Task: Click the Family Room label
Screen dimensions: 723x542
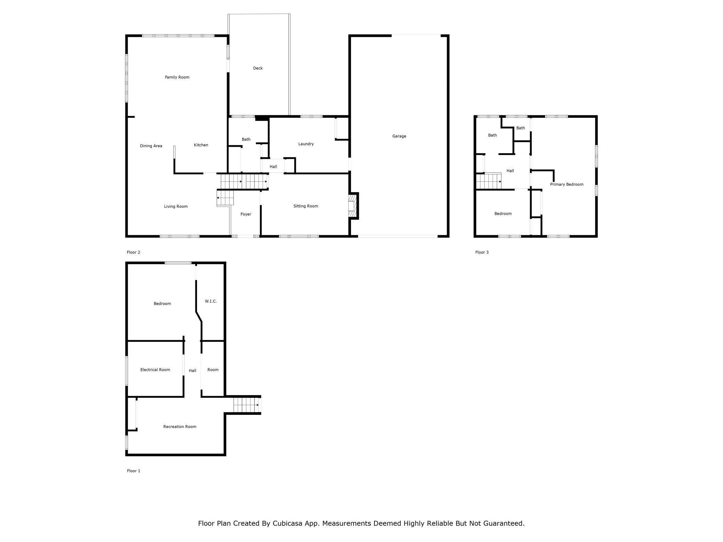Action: tap(177, 77)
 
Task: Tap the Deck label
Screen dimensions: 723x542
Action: tap(258, 68)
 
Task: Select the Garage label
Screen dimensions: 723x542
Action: tap(399, 136)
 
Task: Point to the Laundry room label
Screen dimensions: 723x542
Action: tap(306, 144)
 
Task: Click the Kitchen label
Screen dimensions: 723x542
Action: tap(201, 145)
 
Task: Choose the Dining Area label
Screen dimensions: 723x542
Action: tap(151, 146)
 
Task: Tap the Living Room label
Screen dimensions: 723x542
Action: tap(176, 206)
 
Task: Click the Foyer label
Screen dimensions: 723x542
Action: tap(246, 214)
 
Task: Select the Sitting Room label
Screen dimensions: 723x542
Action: tap(306, 206)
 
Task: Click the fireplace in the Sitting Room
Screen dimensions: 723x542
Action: tap(353, 206)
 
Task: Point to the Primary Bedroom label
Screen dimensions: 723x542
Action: tap(567, 184)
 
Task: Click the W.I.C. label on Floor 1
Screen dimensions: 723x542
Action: tap(211, 301)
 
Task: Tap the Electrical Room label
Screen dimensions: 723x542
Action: tap(155, 370)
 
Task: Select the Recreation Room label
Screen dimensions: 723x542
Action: tap(180, 427)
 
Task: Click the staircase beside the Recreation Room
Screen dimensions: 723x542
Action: tap(247, 405)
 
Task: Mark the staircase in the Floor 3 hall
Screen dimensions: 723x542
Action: tap(489, 181)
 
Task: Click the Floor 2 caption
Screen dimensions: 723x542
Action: tap(133, 252)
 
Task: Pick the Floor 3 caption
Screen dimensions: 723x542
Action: tap(482, 252)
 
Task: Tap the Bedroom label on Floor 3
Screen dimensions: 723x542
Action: tap(503, 214)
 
